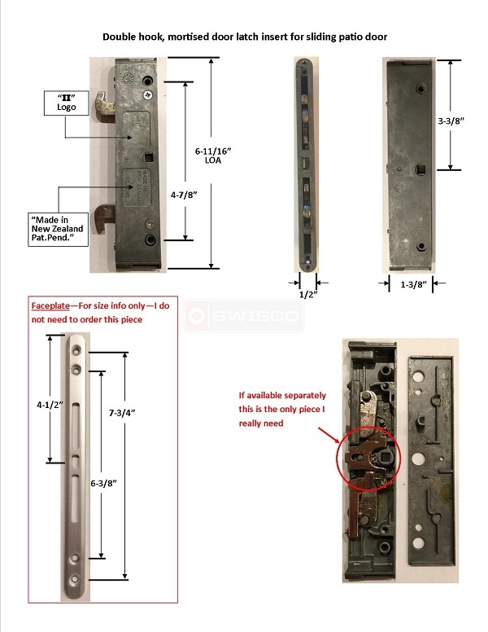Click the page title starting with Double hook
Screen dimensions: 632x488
tap(245, 37)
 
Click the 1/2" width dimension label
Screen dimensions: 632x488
tap(306, 294)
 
